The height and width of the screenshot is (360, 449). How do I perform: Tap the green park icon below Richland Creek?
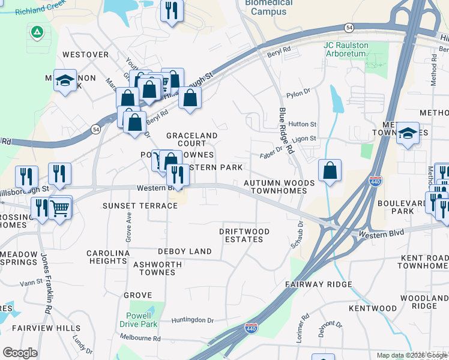point(37,31)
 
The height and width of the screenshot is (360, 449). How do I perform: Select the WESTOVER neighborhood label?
point(85,55)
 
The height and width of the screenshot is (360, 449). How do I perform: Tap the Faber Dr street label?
point(271,153)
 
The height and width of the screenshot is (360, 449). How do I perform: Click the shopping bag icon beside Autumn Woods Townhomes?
point(330,170)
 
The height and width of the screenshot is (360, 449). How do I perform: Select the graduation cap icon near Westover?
point(64,81)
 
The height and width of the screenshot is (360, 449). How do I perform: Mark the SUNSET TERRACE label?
point(140,206)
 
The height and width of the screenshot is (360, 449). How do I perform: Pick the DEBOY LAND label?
point(185,251)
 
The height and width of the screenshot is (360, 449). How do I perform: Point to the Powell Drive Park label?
point(142,320)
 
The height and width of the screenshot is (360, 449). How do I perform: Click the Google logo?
point(20,353)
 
